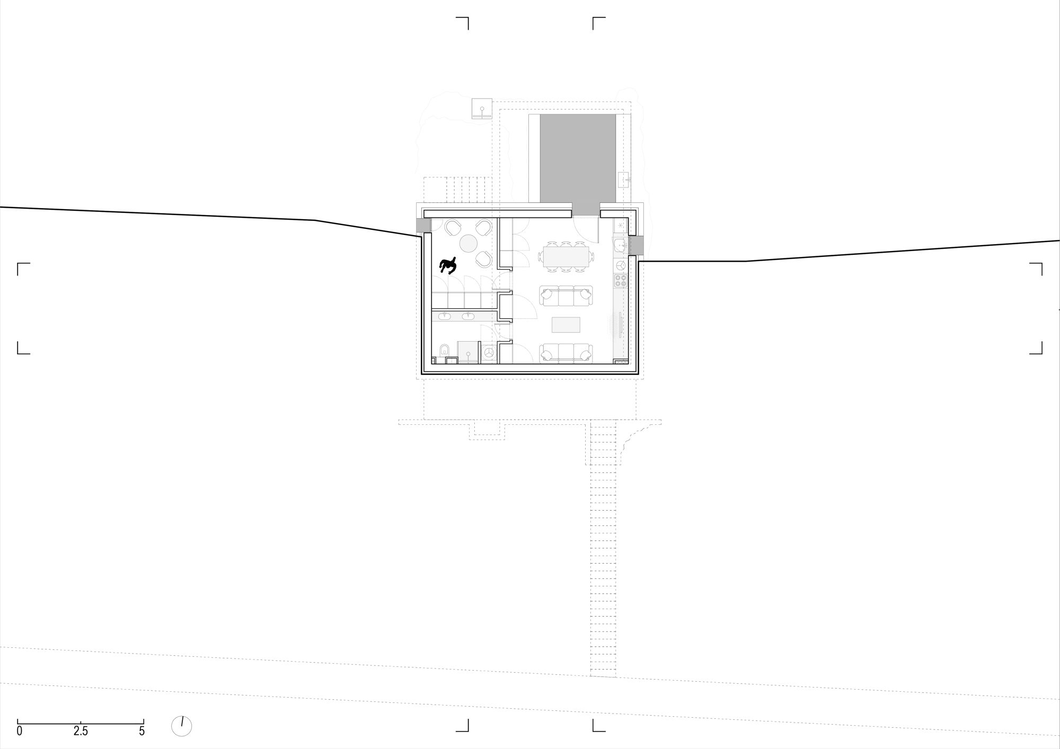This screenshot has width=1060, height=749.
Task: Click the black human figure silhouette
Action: (448, 265)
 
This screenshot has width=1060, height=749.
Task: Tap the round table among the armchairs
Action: (469, 244)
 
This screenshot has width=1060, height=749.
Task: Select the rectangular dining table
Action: (566, 257)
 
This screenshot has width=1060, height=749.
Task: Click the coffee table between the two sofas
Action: (566, 325)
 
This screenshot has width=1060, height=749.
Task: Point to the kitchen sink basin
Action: (620, 245)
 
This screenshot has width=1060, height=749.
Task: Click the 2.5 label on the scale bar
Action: (81, 732)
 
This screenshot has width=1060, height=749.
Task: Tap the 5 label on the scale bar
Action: (142, 732)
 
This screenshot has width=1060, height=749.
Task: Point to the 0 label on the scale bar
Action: (20, 732)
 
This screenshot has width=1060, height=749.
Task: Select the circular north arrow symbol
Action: (182, 726)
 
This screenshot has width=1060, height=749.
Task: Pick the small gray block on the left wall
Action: (423, 226)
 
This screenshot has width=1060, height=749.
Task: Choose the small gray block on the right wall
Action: (636, 245)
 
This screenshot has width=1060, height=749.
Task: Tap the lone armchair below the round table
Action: (483, 259)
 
